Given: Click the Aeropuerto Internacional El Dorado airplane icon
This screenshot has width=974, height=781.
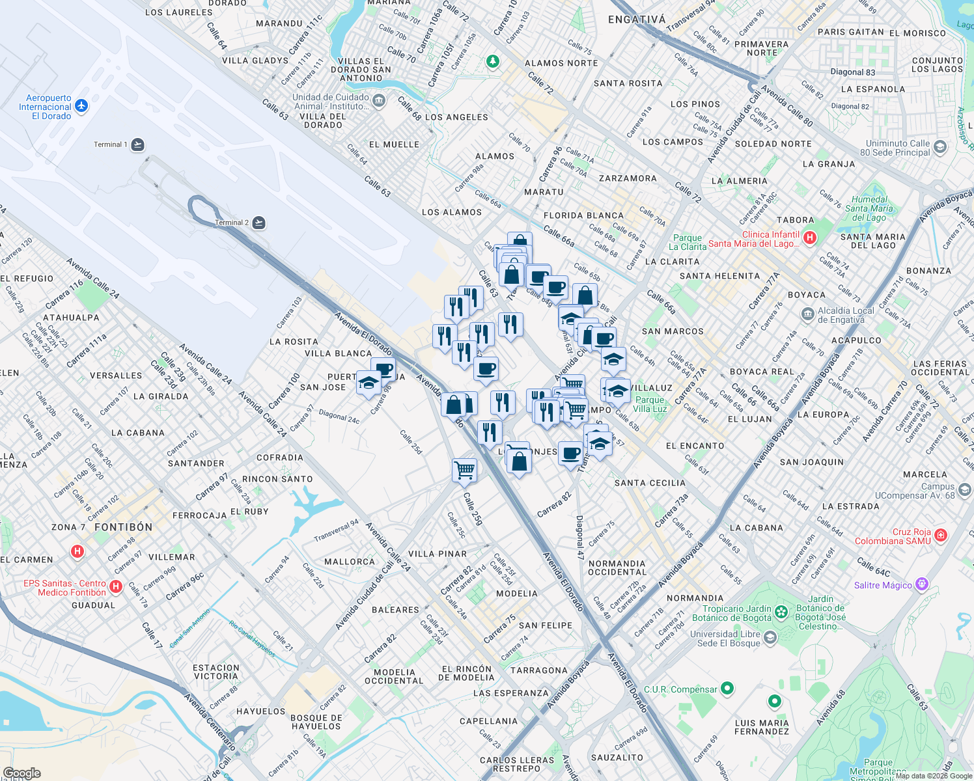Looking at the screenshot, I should pyautogui.click(x=81, y=105).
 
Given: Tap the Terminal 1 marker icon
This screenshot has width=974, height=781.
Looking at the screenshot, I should pyautogui.click(x=137, y=144).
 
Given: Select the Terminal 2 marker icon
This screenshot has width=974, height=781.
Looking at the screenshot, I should pyautogui.click(x=258, y=223).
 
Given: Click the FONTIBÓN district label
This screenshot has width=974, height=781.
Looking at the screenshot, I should pyautogui.click(x=123, y=527).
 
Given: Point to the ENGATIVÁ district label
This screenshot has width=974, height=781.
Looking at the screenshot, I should pyautogui.click(x=637, y=20).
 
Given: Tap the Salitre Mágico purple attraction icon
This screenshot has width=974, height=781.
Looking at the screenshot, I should pyautogui.click(x=922, y=584).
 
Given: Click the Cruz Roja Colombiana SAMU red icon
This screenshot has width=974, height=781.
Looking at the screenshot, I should pyautogui.click(x=940, y=536).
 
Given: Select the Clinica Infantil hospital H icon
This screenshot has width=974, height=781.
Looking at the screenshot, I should pyautogui.click(x=809, y=238).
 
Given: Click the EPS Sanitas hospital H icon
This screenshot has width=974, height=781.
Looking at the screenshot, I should pyautogui.click(x=116, y=587).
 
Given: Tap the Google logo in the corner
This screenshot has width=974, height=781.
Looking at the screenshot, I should pyautogui.click(x=21, y=773).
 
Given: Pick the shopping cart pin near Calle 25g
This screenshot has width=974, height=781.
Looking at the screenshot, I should pyautogui.click(x=464, y=469).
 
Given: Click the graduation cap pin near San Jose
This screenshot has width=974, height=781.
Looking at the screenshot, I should pyautogui.click(x=369, y=382).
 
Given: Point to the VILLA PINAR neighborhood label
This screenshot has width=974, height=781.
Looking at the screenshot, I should pyautogui.click(x=438, y=554).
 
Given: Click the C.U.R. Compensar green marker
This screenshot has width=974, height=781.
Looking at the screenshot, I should pyautogui.click(x=727, y=688).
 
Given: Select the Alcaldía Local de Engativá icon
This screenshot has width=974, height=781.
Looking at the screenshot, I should pyautogui.click(x=807, y=315).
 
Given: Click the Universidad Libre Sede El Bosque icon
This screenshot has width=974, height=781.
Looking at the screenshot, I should pyautogui.click(x=771, y=637).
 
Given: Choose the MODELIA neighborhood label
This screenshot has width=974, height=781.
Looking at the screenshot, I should pyautogui.click(x=517, y=594).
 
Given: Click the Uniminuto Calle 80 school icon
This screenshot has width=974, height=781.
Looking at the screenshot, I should pyautogui.click(x=939, y=147).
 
